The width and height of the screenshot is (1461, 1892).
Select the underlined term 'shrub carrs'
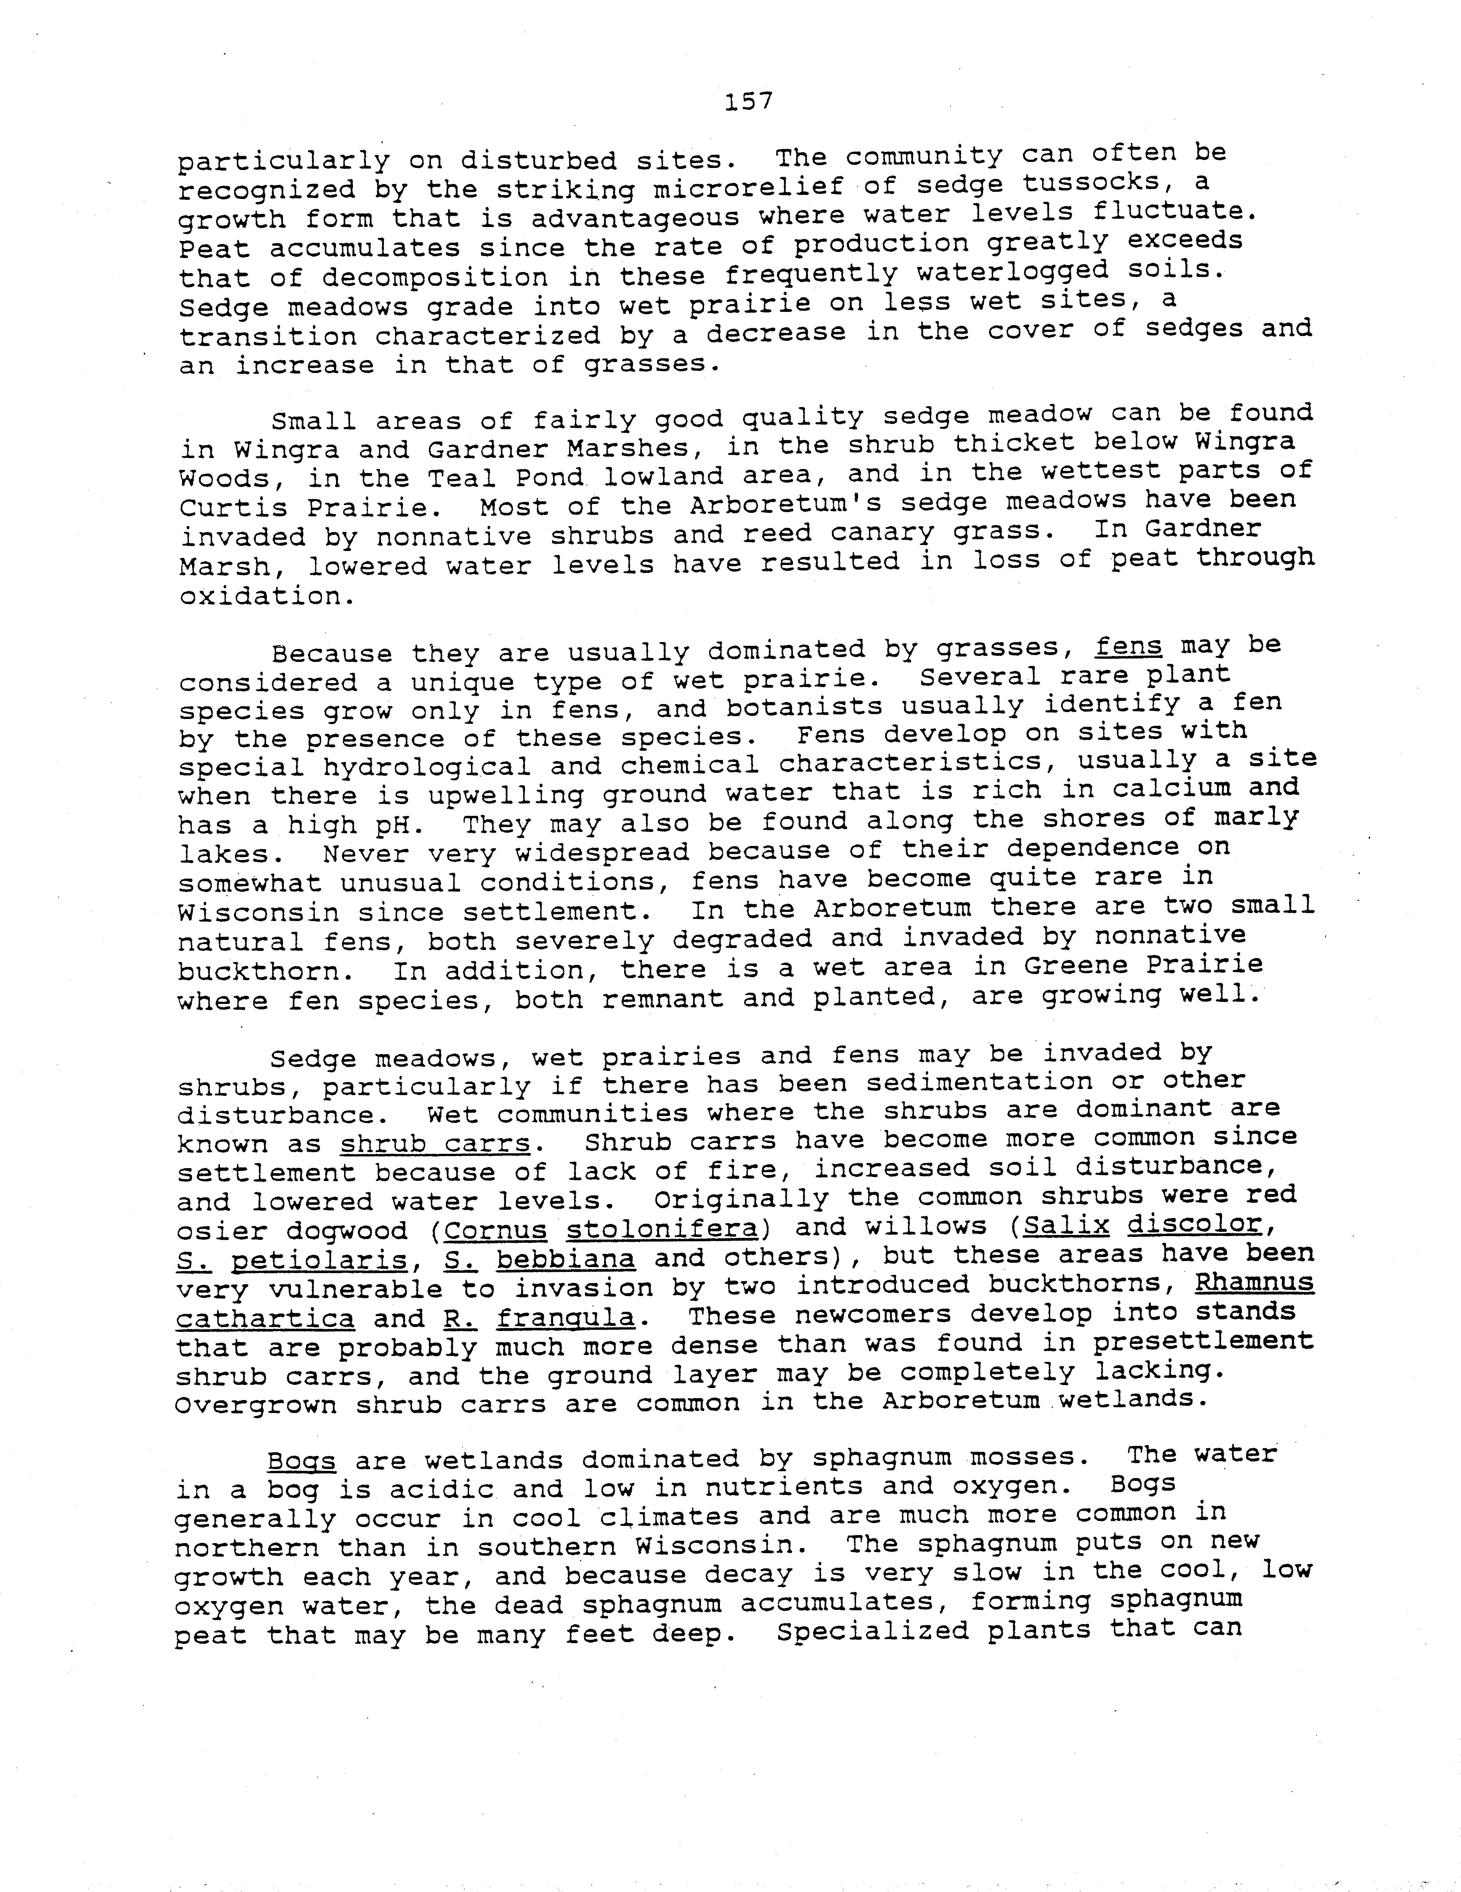pos(434,1144)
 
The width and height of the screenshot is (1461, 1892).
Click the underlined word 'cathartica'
pos(265,1318)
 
